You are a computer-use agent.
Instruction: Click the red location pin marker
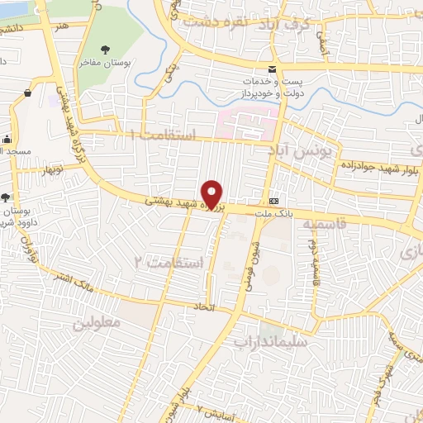tap(212, 194)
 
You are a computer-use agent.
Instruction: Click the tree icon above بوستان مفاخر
tap(105, 47)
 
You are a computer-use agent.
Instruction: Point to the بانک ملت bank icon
tap(273, 201)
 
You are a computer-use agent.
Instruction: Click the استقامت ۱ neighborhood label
tap(172, 133)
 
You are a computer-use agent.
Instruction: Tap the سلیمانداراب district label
tap(270, 340)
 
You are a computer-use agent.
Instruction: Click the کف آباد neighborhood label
tap(295, 22)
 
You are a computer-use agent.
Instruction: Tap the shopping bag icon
tap(28, 93)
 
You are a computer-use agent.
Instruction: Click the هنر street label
tap(62, 25)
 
